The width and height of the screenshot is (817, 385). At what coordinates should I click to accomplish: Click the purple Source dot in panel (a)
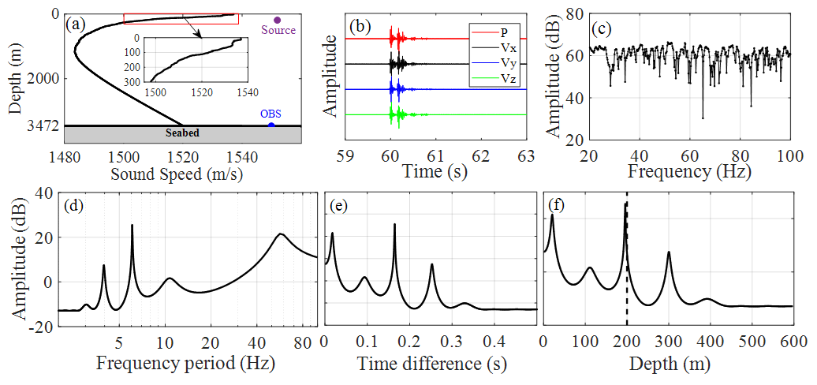click(x=277, y=20)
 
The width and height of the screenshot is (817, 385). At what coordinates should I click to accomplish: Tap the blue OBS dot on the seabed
click(x=271, y=125)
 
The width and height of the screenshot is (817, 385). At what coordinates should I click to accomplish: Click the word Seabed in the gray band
click(x=182, y=133)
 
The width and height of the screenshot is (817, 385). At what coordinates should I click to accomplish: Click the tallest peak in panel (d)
click(x=132, y=226)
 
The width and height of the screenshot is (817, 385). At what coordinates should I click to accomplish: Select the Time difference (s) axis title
click(x=430, y=364)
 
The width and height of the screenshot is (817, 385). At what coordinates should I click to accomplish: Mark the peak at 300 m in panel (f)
click(x=669, y=252)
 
